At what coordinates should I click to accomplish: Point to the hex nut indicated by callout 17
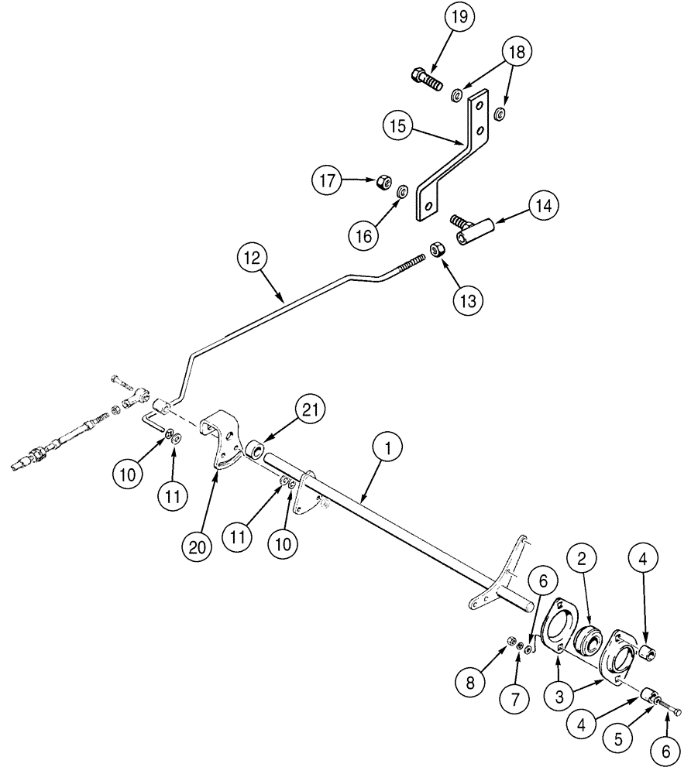(x=382, y=183)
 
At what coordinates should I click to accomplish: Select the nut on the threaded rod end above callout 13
(x=437, y=251)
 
